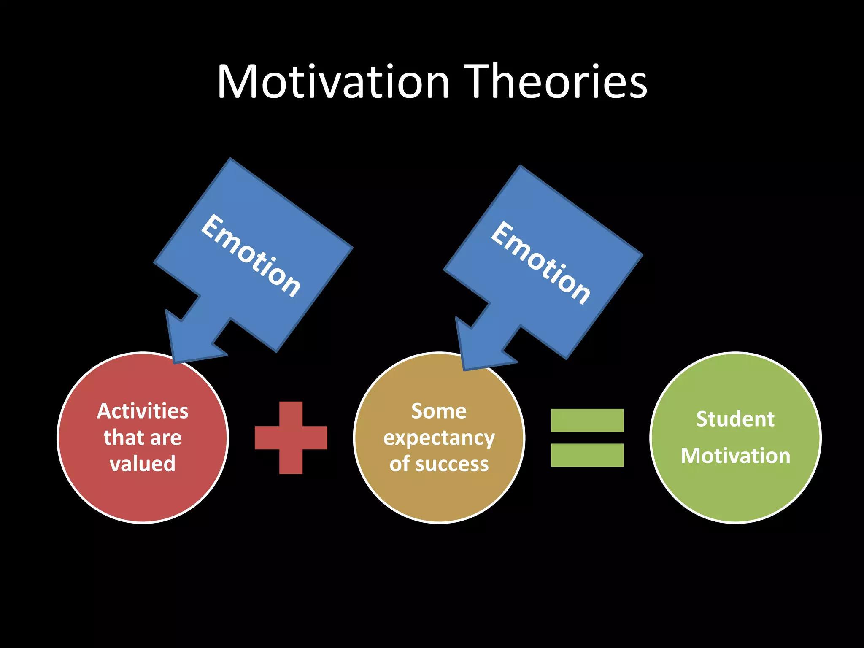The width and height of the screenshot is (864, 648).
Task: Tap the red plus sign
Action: (291, 437)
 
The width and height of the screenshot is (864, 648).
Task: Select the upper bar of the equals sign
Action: (587, 420)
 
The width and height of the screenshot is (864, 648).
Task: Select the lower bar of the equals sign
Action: (587, 455)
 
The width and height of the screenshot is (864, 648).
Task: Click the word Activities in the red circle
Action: (143, 411)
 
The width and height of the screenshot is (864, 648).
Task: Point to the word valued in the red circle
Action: (143, 463)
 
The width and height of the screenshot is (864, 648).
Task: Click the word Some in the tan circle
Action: (439, 411)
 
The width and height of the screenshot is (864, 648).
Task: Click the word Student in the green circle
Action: (735, 419)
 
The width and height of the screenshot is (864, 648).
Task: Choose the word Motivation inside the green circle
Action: (735, 456)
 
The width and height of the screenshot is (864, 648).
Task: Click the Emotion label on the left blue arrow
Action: (251, 256)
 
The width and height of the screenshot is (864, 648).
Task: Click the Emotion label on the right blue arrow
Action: (540, 263)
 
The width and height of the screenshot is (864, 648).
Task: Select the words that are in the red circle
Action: (143, 437)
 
